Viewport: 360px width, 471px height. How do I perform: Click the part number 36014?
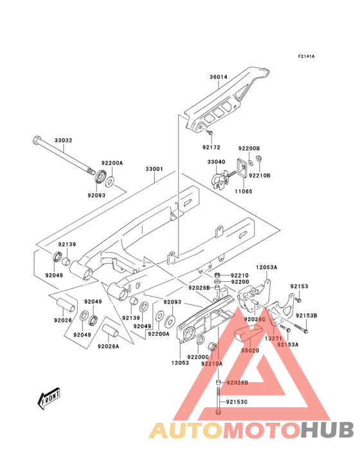pyautogui.click(x=219, y=78)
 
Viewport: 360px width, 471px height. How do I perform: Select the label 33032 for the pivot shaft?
pyautogui.click(x=64, y=140)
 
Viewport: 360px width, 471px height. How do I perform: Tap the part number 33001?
pyautogui.click(x=154, y=169)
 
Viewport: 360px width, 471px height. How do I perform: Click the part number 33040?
pyautogui.click(x=216, y=162)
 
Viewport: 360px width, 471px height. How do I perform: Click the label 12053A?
pyautogui.click(x=267, y=266)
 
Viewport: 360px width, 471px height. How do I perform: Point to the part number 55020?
pyautogui.click(x=250, y=351)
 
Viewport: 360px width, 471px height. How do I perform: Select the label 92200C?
pyautogui.click(x=198, y=356)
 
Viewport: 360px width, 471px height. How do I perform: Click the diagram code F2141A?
pyautogui.click(x=306, y=57)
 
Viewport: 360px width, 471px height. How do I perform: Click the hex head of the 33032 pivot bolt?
pyautogui.click(x=35, y=138)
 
